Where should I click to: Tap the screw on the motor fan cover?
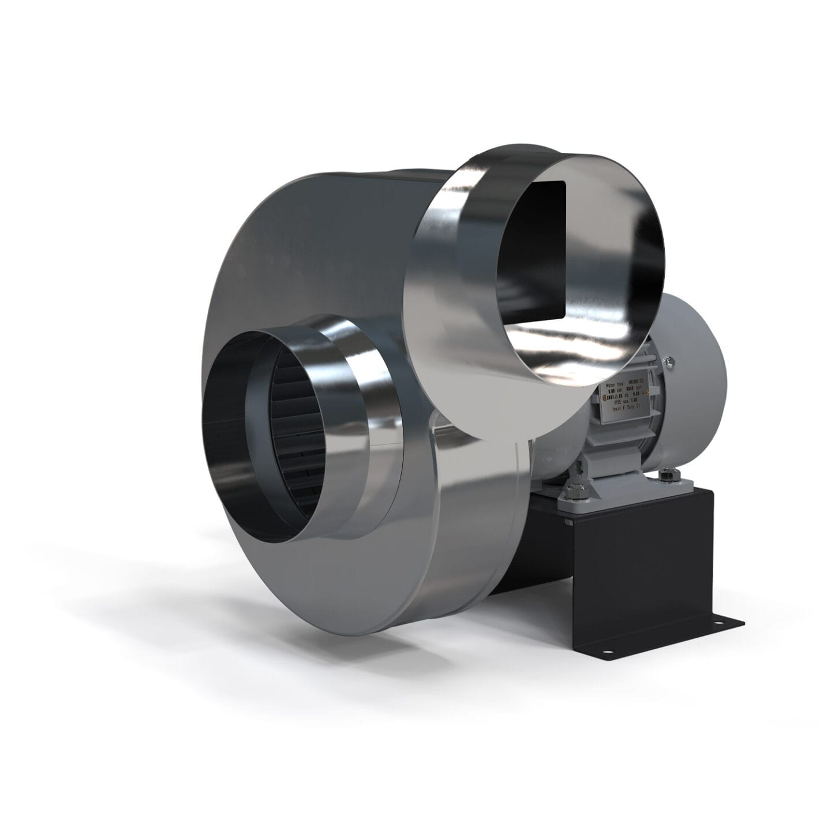(x=669, y=362)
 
